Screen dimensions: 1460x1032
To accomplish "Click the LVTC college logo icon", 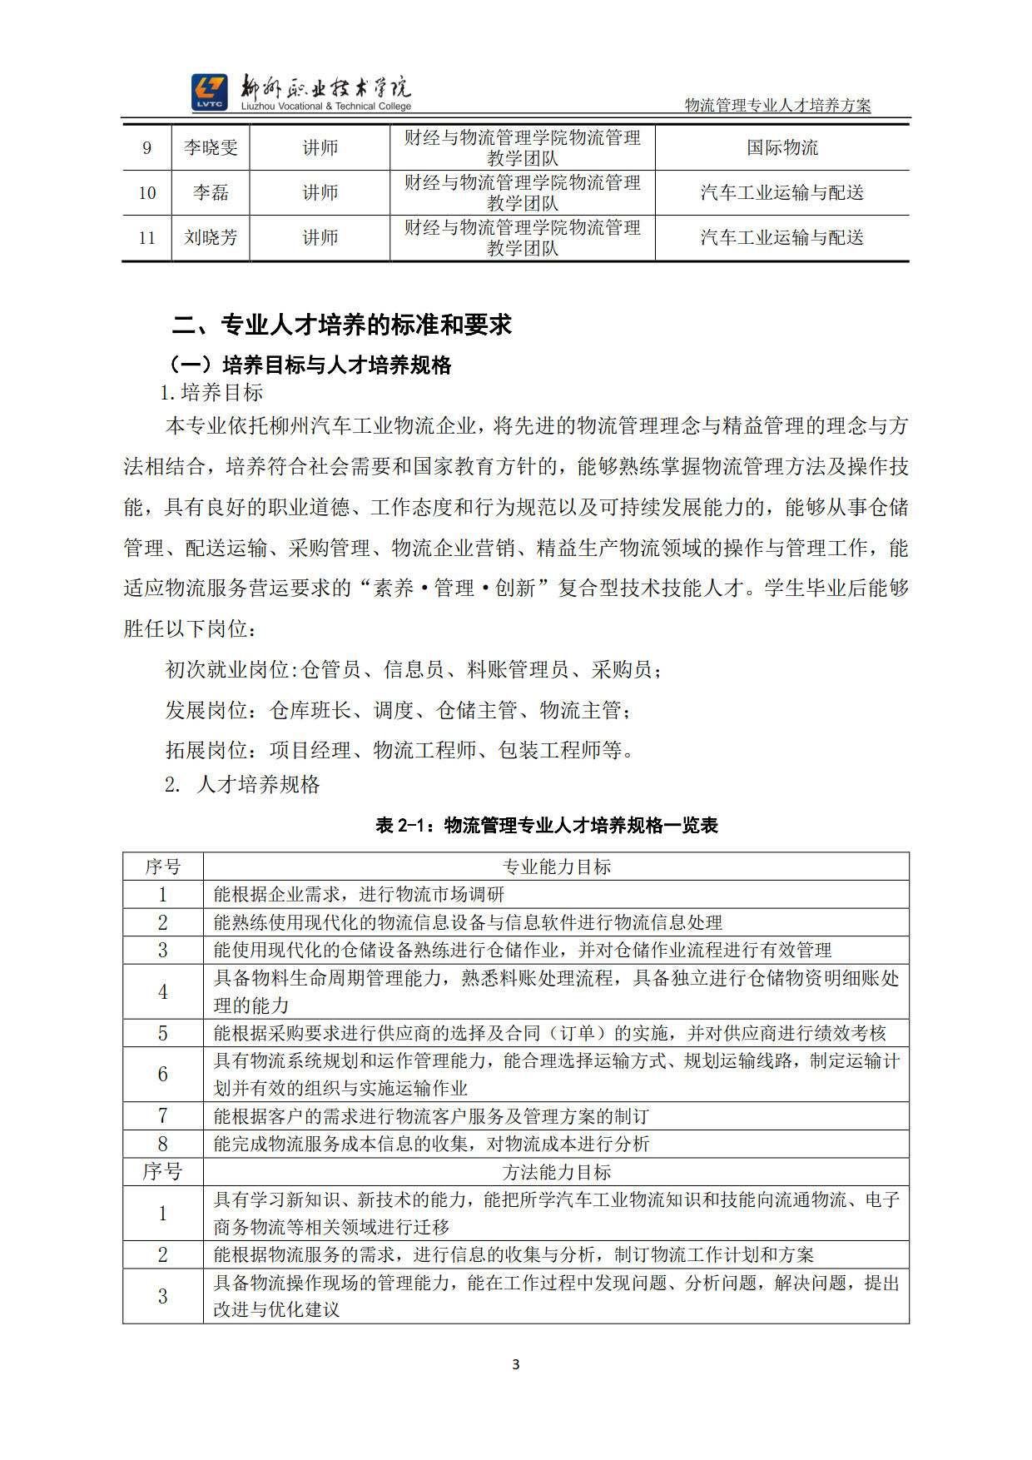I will (x=209, y=92).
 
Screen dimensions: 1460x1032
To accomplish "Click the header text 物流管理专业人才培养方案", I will (x=777, y=106).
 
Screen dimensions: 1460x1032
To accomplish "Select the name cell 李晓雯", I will (x=211, y=148).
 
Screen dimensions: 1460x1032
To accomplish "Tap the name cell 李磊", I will (x=211, y=193).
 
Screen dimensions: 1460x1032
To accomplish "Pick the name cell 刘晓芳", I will (x=211, y=238).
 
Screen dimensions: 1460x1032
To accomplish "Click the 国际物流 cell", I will (x=781, y=148).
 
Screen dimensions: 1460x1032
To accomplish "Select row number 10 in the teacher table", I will (x=147, y=193).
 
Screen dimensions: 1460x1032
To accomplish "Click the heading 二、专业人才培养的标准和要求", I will (x=341, y=325).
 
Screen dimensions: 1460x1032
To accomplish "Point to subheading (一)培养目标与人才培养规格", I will (x=310, y=365).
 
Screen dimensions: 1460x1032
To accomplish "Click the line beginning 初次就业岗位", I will (x=414, y=669).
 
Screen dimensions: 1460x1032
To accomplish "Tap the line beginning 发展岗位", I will (x=398, y=710).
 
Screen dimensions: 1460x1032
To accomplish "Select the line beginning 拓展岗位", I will (x=401, y=750).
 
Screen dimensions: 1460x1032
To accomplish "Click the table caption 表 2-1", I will (x=546, y=825).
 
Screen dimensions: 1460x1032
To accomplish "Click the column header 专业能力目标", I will (x=556, y=867).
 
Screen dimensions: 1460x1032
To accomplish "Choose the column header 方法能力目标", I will (x=556, y=1172).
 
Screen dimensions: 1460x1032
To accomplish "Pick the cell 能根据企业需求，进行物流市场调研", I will (x=359, y=894).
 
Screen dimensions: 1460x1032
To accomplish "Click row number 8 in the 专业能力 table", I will (x=162, y=1144).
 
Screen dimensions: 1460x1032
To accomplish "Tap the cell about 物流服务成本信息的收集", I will (x=431, y=1144).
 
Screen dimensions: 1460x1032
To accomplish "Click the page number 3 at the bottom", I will (x=516, y=1364).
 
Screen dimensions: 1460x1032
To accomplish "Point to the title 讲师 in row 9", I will (x=320, y=148).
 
